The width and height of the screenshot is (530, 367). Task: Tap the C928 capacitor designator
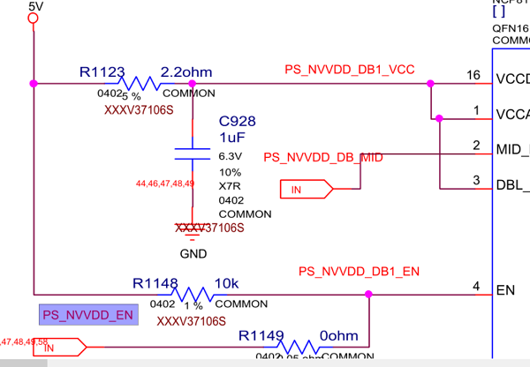click(237, 122)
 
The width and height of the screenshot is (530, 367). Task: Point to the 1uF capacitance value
click(231, 138)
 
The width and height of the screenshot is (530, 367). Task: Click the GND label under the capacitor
click(193, 253)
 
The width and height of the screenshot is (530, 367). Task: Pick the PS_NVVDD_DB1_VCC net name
click(350, 70)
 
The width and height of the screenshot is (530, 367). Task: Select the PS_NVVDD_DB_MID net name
click(323, 157)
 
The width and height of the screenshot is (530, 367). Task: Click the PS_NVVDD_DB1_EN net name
click(358, 271)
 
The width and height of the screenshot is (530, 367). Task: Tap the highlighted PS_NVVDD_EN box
click(88, 314)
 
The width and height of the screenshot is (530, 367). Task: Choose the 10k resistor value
click(227, 283)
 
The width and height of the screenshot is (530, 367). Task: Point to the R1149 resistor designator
click(261, 336)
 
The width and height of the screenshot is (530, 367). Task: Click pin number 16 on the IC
click(474, 75)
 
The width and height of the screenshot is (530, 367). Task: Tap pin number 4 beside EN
click(476, 286)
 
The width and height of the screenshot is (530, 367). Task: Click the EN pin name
click(506, 288)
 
